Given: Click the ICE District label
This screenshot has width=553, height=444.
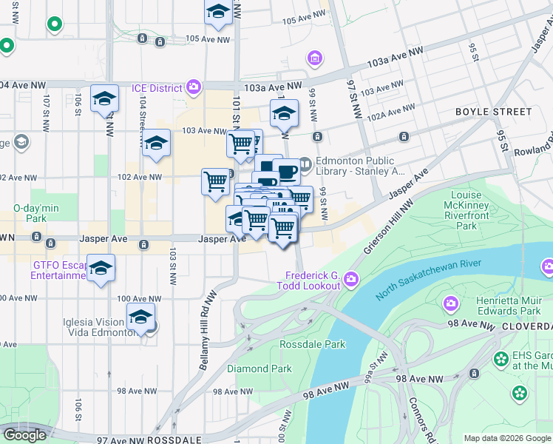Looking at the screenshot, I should (x=157, y=88).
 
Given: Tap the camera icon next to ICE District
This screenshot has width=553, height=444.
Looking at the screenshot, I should (x=194, y=88).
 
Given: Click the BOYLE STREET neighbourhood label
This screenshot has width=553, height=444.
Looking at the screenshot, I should (x=493, y=112).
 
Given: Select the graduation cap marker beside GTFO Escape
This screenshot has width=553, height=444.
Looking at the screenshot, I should (x=101, y=269).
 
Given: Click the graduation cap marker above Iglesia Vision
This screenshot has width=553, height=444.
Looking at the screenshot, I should (x=140, y=317).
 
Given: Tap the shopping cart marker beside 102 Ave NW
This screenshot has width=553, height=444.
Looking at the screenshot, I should (x=215, y=180).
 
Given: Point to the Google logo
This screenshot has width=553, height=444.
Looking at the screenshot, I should (x=24, y=435).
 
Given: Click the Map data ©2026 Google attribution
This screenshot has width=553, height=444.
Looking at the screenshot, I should (x=506, y=437).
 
